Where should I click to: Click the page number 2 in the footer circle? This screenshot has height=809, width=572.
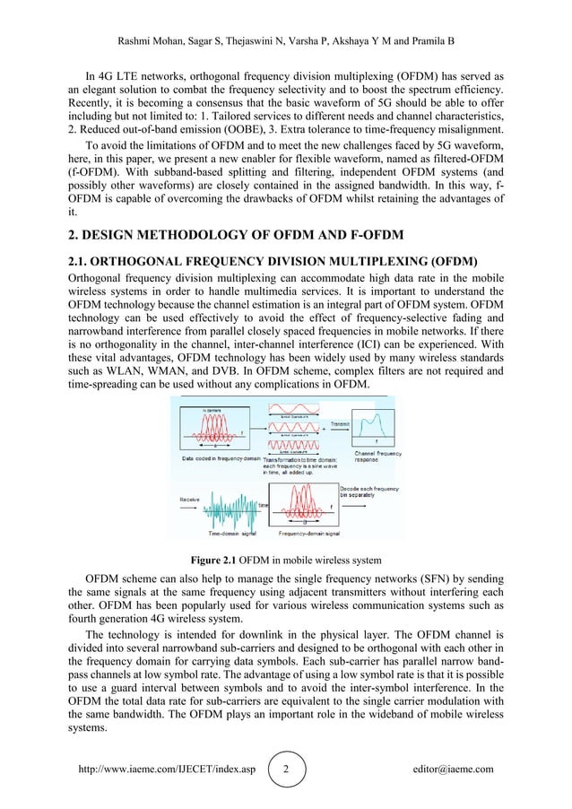pos(286,770)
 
